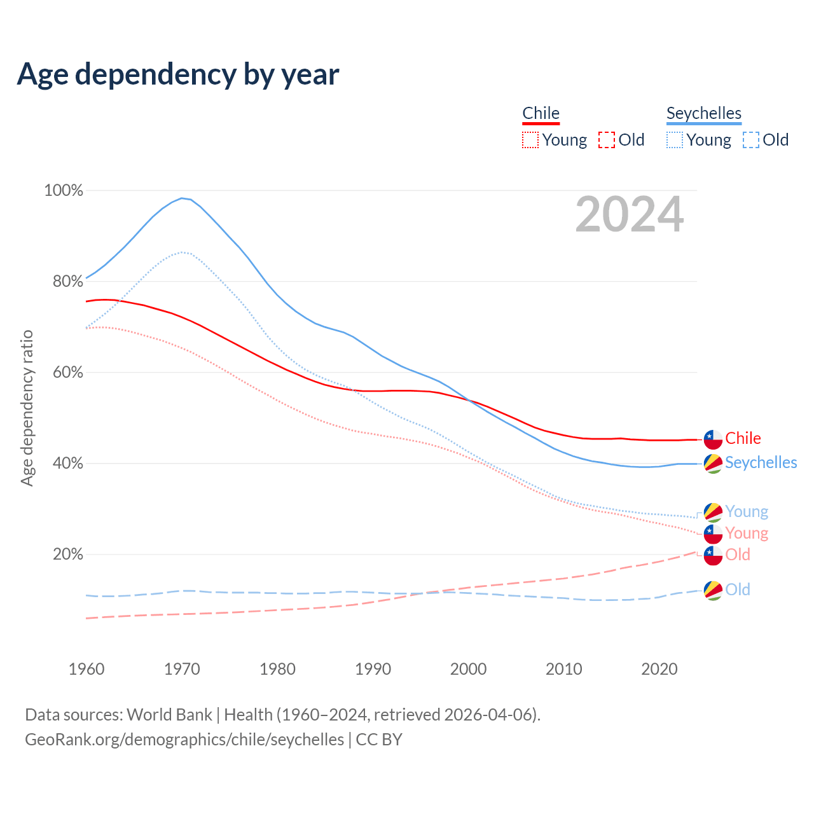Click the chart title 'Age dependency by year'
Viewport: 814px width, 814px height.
[x=178, y=74]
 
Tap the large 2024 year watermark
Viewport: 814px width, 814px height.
[x=629, y=215]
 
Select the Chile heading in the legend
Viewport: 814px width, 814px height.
[x=541, y=113]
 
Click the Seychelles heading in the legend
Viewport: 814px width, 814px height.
[x=703, y=113]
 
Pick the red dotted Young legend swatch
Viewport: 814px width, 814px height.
[x=530, y=140]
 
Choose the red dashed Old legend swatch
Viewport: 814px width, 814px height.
[x=606, y=140]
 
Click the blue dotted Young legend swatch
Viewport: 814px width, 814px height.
[x=674, y=140]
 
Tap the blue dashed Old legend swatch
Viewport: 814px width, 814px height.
[x=750, y=140]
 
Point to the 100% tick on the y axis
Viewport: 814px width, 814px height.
[x=64, y=190]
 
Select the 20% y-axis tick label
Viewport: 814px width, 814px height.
[x=67, y=555]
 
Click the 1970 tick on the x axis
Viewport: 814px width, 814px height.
[x=182, y=669]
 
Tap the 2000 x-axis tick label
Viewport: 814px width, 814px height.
[x=468, y=669]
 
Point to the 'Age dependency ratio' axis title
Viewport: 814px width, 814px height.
[x=27, y=408]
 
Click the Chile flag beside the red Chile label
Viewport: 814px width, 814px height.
[x=713, y=439]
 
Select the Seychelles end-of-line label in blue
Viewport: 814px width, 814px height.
[x=761, y=462]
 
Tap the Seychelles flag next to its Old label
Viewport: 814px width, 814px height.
[x=713, y=590]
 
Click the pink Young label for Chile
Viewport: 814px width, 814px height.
[x=747, y=533]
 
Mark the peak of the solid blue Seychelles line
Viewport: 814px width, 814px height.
[x=182, y=198]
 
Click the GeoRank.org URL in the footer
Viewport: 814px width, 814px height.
[x=184, y=740]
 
